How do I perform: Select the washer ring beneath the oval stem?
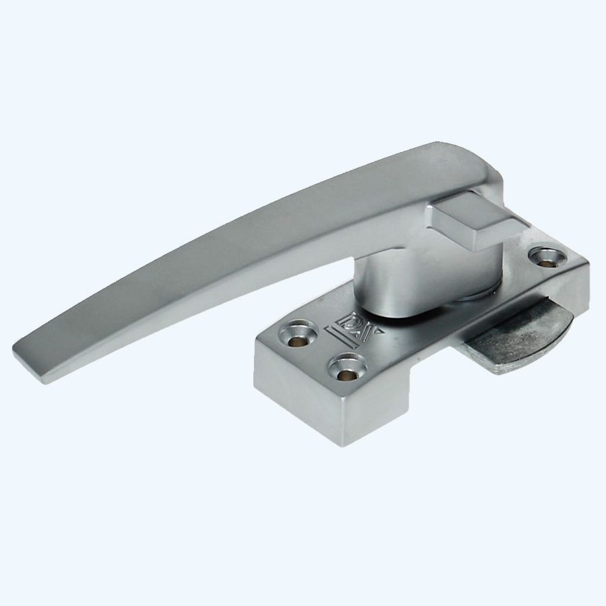pos(431,296)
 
